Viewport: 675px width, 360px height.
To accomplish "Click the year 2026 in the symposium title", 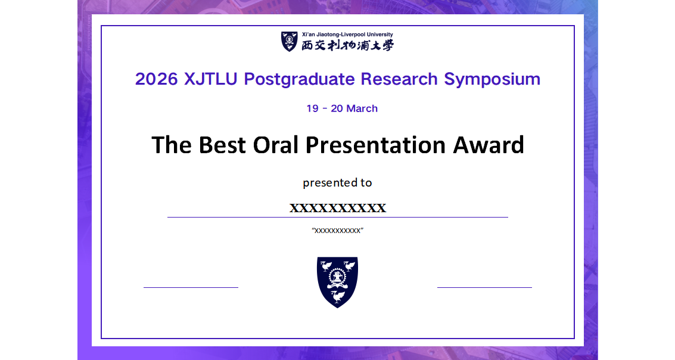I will [x=156, y=79].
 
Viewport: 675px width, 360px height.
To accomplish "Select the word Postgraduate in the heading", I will [x=299, y=79].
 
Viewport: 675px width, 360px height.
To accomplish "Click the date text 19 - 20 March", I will [x=342, y=108].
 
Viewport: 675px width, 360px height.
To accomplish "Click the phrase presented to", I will [x=337, y=182].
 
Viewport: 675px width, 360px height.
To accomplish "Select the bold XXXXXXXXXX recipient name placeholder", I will [x=338, y=208].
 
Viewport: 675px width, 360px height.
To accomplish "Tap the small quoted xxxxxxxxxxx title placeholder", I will [x=337, y=231].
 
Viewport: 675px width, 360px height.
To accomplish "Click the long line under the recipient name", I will [x=337, y=218].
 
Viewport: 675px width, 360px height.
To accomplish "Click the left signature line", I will [x=191, y=287].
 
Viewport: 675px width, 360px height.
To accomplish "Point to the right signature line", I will [x=484, y=287].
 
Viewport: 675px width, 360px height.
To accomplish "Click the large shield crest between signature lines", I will [x=337, y=281].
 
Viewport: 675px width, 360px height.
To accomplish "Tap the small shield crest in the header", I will [x=290, y=42].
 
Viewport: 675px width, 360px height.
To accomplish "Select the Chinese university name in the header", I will [x=347, y=45].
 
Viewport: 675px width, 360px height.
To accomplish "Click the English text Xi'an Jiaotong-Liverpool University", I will [x=347, y=35].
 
